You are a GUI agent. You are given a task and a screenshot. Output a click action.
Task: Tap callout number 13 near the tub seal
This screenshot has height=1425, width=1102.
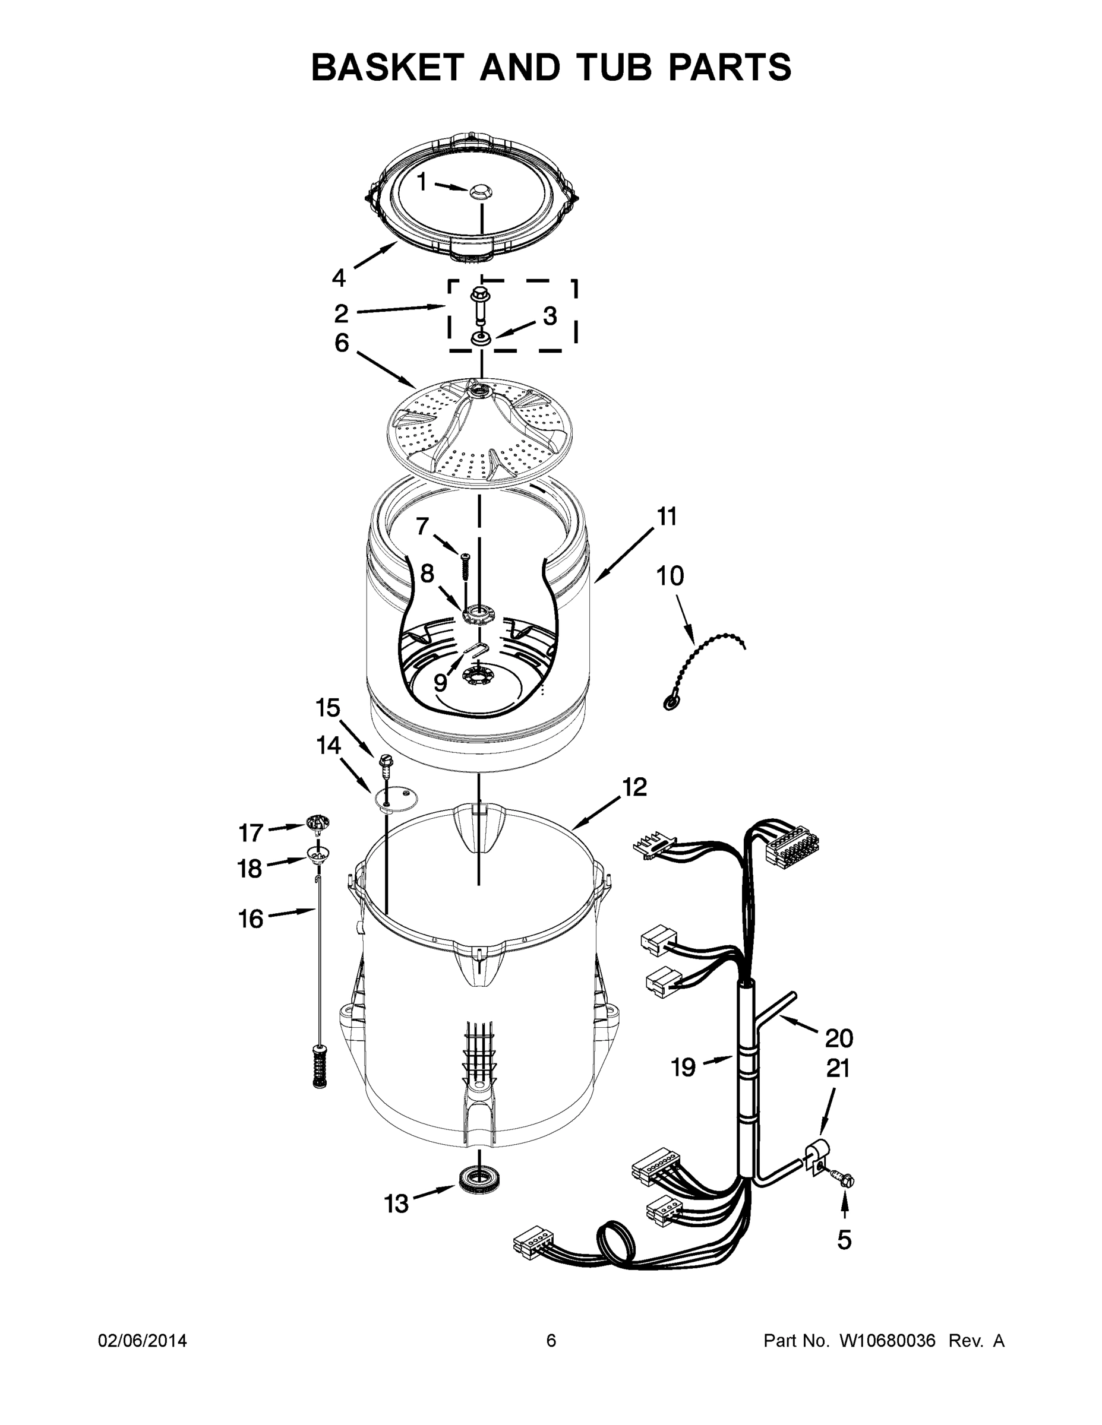pos(396,1203)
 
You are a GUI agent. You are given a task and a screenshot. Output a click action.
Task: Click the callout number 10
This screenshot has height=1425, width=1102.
pos(670,576)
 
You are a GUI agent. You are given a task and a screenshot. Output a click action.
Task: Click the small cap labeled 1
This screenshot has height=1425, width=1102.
pos(481,191)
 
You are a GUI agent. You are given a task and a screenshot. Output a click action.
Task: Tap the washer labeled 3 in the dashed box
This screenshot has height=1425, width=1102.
pos(481,338)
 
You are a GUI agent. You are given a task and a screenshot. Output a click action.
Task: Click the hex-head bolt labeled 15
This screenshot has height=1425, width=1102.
pos(385,764)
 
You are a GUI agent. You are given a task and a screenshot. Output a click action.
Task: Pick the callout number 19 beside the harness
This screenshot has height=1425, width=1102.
pos(684,1068)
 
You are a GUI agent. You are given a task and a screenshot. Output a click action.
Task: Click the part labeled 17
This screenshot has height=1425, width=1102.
pos(317,824)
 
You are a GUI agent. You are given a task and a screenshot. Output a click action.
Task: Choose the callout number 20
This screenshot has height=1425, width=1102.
pos(839,1037)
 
